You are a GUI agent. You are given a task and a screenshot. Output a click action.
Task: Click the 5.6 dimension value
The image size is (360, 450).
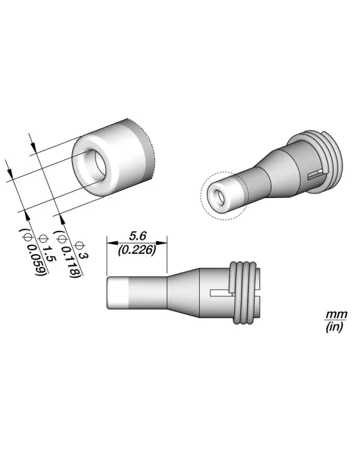(x=136, y=236)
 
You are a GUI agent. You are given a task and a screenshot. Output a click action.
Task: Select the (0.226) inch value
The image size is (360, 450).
(x=136, y=250)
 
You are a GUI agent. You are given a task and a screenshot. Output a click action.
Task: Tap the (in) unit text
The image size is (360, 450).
(x=332, y=328)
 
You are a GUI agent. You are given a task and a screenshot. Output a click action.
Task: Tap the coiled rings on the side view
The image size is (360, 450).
(x=245, y=291)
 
